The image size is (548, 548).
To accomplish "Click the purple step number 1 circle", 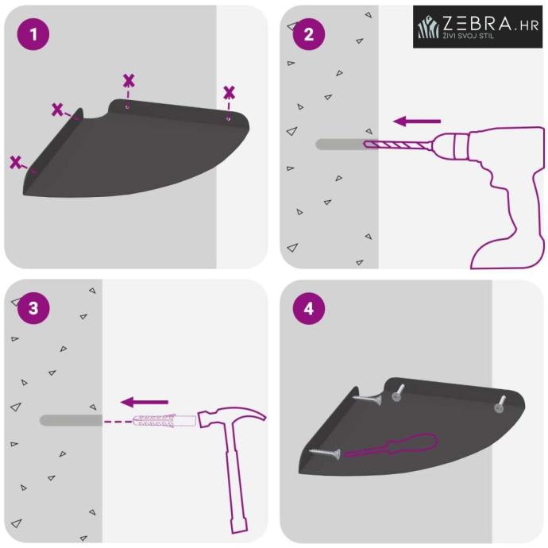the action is pyautogui.click(x=33, y=34).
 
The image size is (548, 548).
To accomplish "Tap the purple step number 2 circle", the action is pyautogui.click(x=309, y=34).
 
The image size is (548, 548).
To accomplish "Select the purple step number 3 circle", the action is pyautogui.click(x=33, y=308).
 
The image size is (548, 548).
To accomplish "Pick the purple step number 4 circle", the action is pyautogui.click(x=309, y=309).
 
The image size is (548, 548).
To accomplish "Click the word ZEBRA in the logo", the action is pyautogui.click(x=477, y=24).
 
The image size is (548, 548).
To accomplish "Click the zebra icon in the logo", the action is pyautogui.click(x=429, y=26).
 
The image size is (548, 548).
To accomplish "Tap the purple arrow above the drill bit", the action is pyautogui.click(x=417, y=122).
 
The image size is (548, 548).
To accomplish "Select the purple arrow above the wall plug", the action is pyautogui.click(x=145, y=402).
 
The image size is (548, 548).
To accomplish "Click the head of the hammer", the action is pyautogui.click(x=231, y=418).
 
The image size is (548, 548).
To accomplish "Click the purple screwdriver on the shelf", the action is pyautogui.click(x=391, y=445).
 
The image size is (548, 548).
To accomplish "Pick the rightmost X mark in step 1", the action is pyautogui.click(x=229, y=93).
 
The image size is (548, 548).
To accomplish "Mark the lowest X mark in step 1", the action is pyautogui.click(x=15, y=162).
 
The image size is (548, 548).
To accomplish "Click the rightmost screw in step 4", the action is pyautogui.click(x=500, y=404).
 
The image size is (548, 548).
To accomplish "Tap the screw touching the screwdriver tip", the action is pyautogui.click(x=325, y=453).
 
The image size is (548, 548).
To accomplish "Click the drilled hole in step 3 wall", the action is pyautogui.click(x=71, y=420).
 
